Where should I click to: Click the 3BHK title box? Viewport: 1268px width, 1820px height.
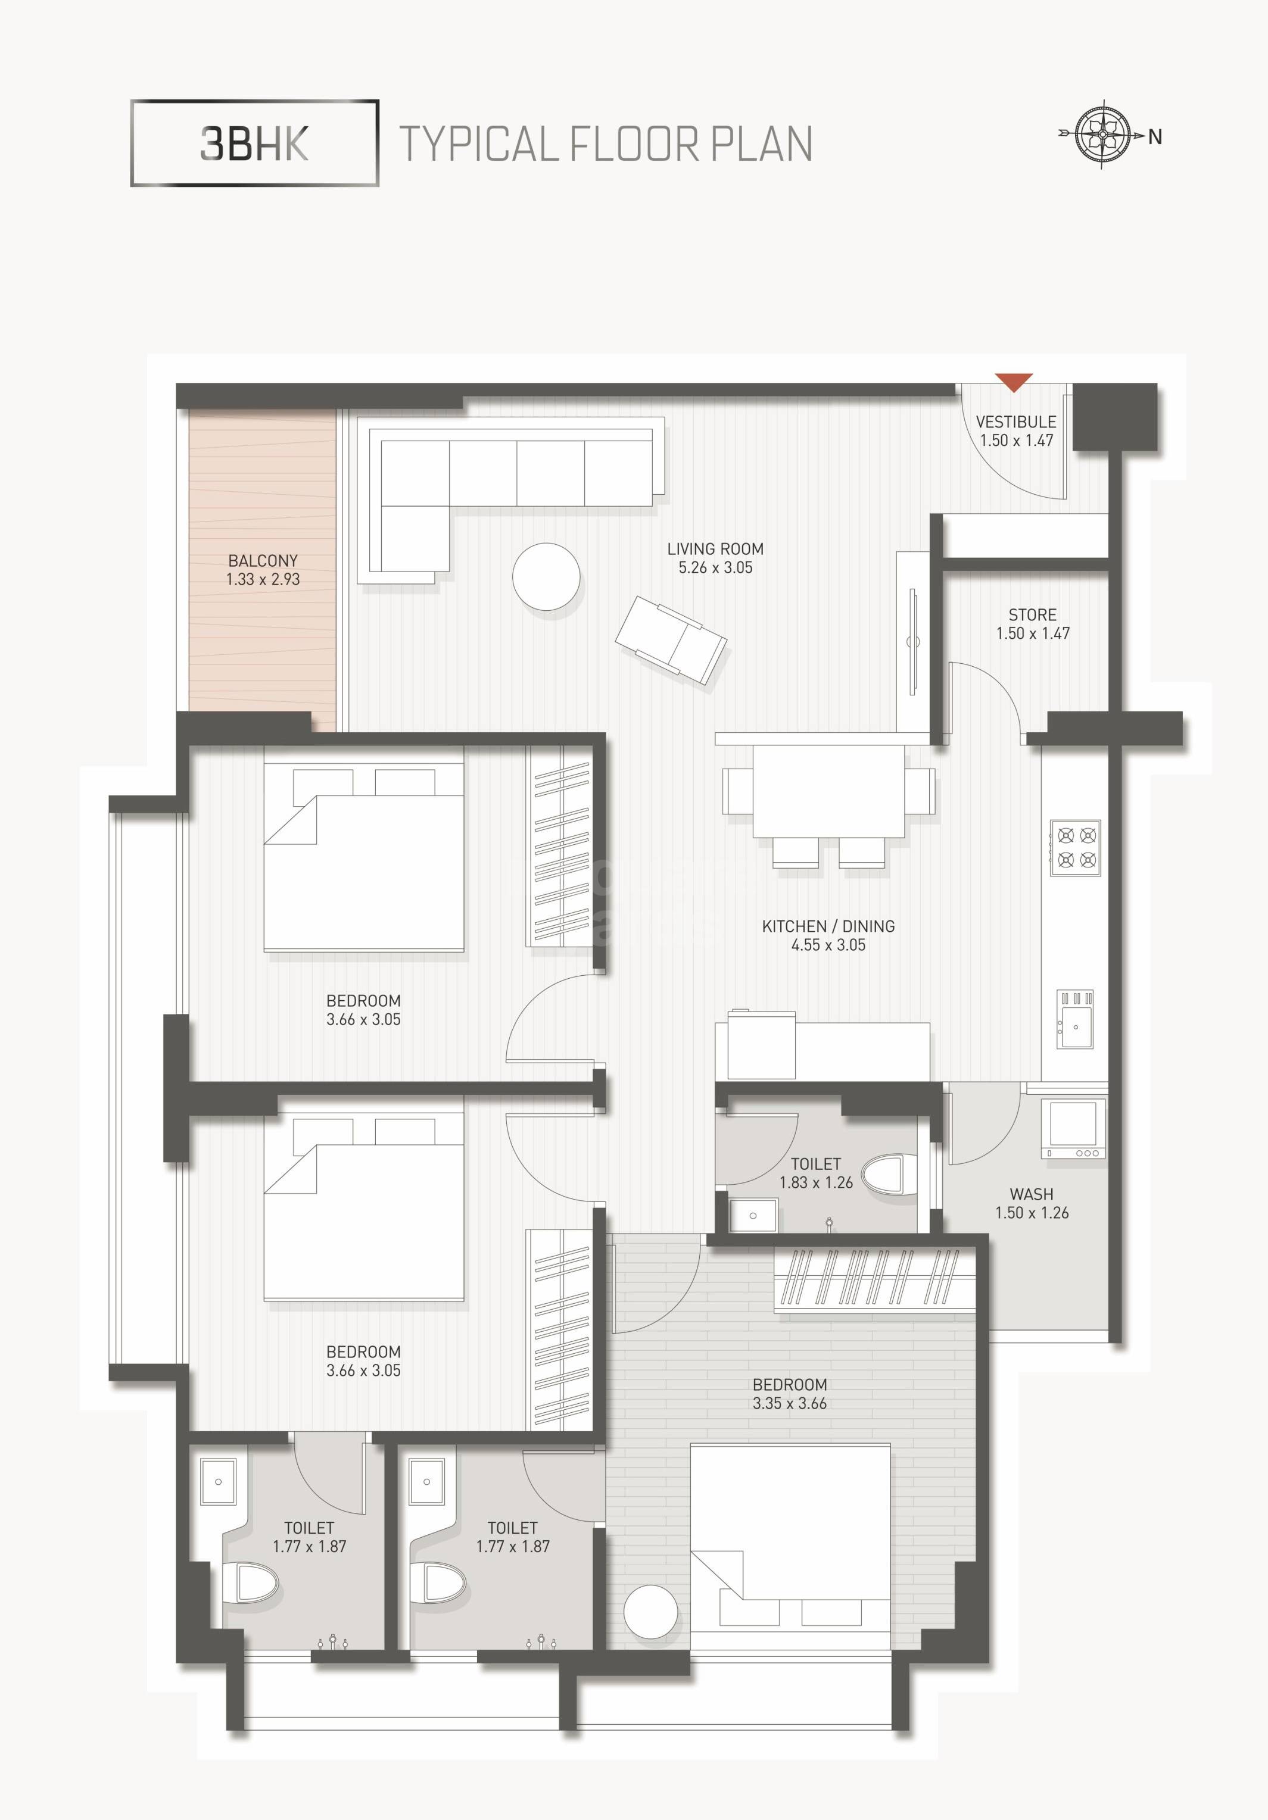[254, 143]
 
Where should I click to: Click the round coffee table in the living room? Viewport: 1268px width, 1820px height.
[546, 576]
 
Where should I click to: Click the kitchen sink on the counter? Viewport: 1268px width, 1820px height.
[1074, 1026]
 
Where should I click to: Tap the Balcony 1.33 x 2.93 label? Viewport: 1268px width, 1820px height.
[263, 570]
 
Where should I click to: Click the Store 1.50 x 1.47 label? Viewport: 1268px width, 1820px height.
[1033, 624]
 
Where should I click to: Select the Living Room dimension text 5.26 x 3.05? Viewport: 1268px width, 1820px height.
[715, 567]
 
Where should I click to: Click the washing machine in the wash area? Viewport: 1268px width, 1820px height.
[1073, 1129]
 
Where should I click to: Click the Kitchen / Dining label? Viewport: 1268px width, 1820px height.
[828, 926]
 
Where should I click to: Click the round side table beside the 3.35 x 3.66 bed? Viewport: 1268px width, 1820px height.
[650, 1612]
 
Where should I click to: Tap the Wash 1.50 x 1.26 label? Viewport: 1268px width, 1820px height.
[1032, 1203]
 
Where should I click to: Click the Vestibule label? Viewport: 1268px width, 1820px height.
[1016, 422]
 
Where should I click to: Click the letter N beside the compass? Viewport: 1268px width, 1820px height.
[1155, 137]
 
